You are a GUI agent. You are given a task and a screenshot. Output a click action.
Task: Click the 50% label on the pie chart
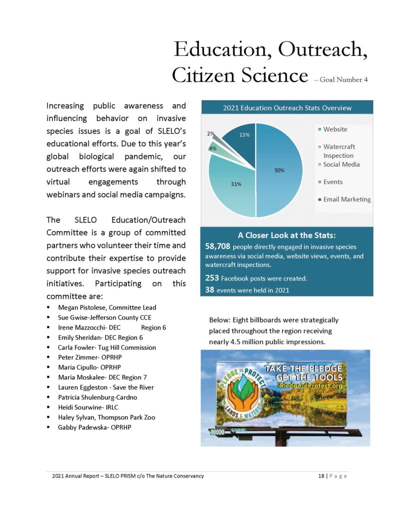point(279,170)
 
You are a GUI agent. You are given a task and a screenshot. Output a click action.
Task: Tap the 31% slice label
point(236,184)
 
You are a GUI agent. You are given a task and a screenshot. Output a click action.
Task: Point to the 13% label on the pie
point(245,134)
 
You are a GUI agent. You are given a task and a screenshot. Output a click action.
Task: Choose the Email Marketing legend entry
point(347,199)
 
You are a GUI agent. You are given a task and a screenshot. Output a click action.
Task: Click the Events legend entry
point(333,182)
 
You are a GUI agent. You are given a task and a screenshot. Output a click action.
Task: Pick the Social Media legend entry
point(341,164)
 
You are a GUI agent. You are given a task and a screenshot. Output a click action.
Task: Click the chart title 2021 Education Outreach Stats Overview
point(287,107)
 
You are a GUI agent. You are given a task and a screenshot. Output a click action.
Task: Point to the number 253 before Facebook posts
point(212,278)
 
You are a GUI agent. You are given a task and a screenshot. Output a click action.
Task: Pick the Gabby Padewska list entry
point(82,427)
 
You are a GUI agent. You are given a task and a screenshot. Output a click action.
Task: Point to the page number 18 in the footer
point(321,476)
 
